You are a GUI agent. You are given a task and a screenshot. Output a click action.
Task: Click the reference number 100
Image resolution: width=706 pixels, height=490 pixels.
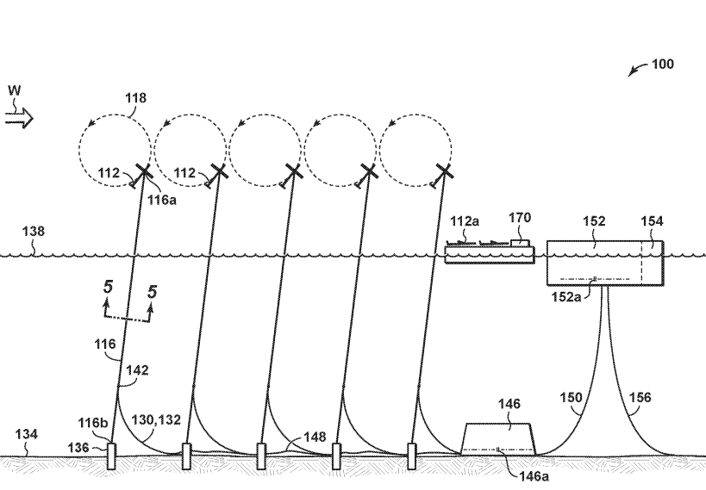[662, 65]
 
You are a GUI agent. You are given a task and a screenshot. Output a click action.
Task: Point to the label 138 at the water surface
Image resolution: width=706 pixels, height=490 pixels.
[34, 231]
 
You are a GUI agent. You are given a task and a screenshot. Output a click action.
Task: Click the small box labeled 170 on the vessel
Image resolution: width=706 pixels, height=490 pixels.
[520, 243]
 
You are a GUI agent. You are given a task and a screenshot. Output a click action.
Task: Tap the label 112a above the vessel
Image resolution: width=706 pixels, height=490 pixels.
[464, 221]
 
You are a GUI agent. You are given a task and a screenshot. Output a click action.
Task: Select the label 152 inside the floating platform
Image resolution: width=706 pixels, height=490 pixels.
[595, 221]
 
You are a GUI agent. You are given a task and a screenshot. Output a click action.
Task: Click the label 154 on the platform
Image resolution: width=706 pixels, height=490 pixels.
[652, 221]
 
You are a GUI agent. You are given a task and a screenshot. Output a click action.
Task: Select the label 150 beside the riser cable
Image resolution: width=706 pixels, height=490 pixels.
[571, 397]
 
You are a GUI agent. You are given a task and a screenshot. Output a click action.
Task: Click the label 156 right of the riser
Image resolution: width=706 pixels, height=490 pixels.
[640, 397]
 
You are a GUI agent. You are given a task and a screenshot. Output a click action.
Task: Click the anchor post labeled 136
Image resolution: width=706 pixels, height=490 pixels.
[111, 456]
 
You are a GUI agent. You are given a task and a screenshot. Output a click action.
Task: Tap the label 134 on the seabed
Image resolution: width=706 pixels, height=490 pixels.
[27, 436]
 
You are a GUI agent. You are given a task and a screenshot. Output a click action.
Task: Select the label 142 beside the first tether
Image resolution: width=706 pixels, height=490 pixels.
[137, 370]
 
